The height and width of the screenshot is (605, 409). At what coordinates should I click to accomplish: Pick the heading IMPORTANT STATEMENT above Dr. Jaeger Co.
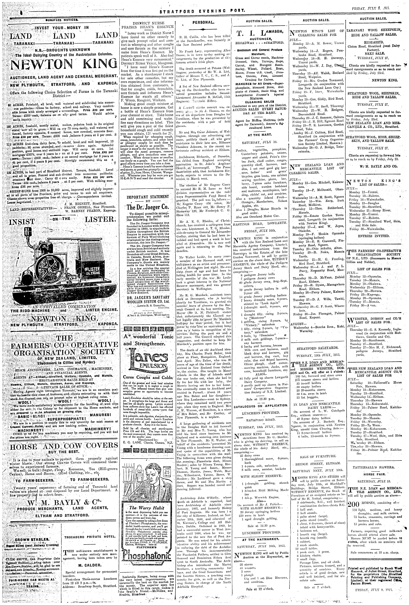(147, 197)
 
